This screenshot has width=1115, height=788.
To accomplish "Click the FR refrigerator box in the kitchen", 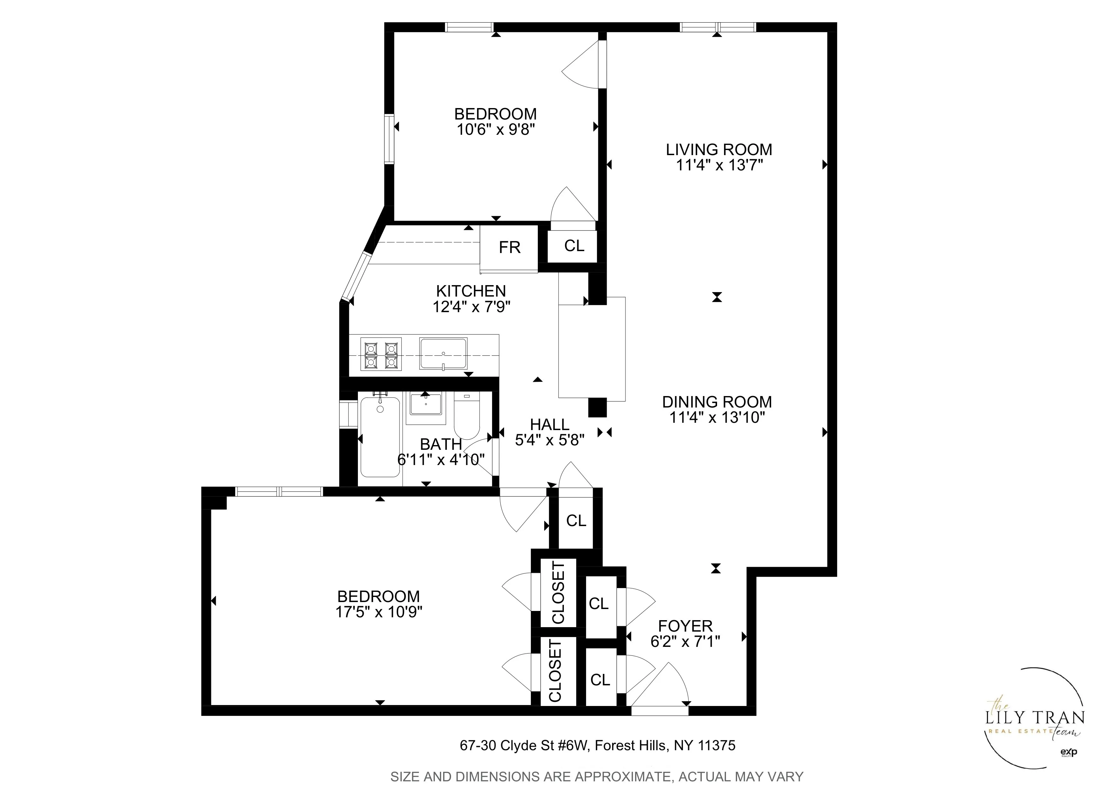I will coord(509,248).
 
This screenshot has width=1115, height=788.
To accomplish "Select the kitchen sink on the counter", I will coord(443,353).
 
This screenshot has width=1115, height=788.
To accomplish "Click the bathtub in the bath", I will coord(380,437).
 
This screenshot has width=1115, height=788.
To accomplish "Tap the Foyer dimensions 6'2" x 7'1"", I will coord(685,641).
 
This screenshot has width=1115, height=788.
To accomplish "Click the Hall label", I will coord(549,424).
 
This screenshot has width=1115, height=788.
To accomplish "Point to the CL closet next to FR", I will coord(573,246).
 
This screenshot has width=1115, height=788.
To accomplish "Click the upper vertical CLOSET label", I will coord(558,592).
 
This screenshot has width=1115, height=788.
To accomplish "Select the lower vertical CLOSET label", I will coord(555,670).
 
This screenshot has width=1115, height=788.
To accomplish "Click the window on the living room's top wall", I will coord(718,27).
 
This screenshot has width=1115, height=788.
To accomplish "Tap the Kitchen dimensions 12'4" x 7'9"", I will coord(471,307).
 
